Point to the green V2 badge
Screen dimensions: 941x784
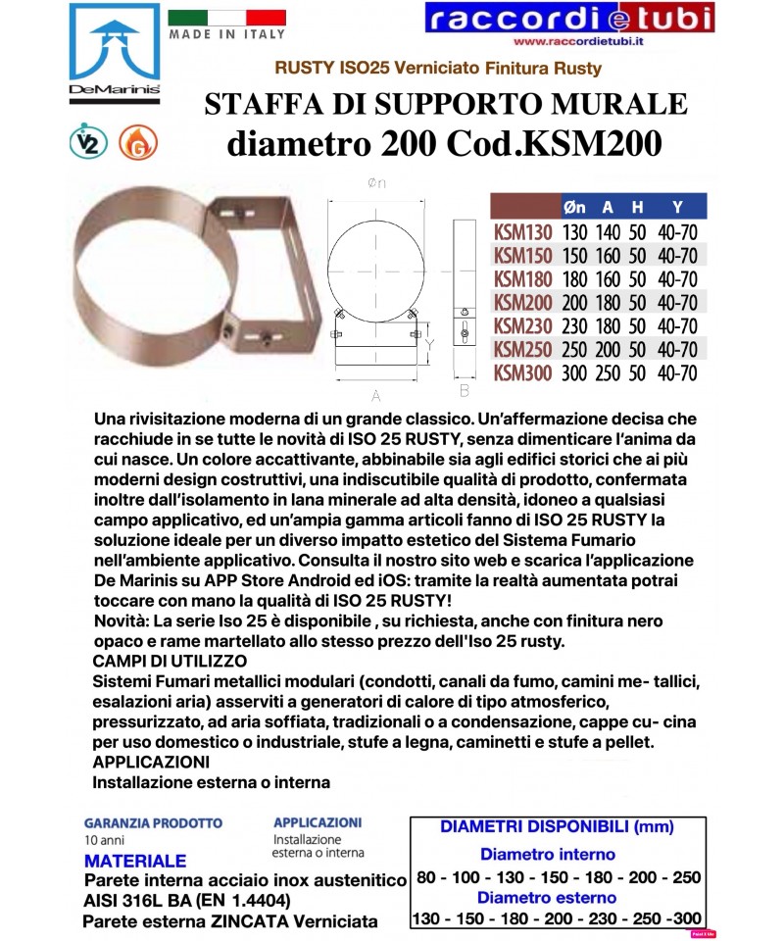[90, 143]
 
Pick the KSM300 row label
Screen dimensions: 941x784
[522, 372]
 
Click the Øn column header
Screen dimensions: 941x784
[575, 207]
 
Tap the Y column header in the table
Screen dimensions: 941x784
[676, 207]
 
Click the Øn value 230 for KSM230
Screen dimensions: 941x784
[575, 326]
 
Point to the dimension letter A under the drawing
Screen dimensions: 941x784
[376, 396]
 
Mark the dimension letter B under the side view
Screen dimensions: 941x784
[465, 390]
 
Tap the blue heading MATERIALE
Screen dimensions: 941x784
[135, 862]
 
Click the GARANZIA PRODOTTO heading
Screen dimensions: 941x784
[153, 823]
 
